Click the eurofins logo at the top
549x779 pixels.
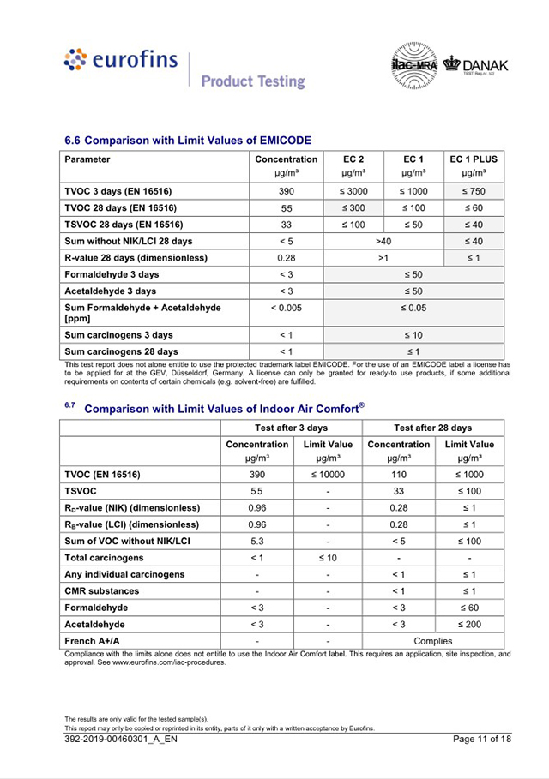click(x=121, y=60)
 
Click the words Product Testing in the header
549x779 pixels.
click(x=253, y=81)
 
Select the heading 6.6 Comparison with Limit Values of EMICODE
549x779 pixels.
click(x=188, y=140)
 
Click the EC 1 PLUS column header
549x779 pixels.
click(x=473, y=159)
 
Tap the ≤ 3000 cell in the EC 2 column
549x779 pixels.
click(x=354, y=191)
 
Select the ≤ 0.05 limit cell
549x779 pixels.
click(x=413, y=307)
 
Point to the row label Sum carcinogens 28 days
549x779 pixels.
click(x=121, y=351)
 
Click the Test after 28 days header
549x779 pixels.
click(x=432, y=428)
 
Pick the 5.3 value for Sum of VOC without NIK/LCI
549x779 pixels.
click(x=256, y=542)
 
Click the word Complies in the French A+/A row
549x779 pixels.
click(x=432, y=641)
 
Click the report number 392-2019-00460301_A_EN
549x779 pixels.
click(x=121, y=740)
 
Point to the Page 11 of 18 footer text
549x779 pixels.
click(x=482, y=740)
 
